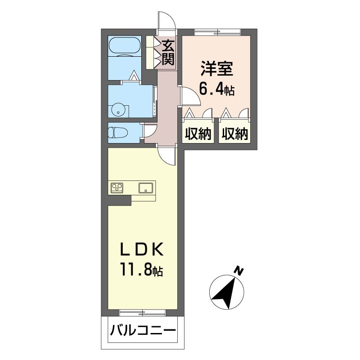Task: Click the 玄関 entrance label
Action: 168,53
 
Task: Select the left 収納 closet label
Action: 197,134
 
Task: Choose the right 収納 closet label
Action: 234,134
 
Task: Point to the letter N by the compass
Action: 239,271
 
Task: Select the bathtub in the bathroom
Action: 125,46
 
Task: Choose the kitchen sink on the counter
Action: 146,188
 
